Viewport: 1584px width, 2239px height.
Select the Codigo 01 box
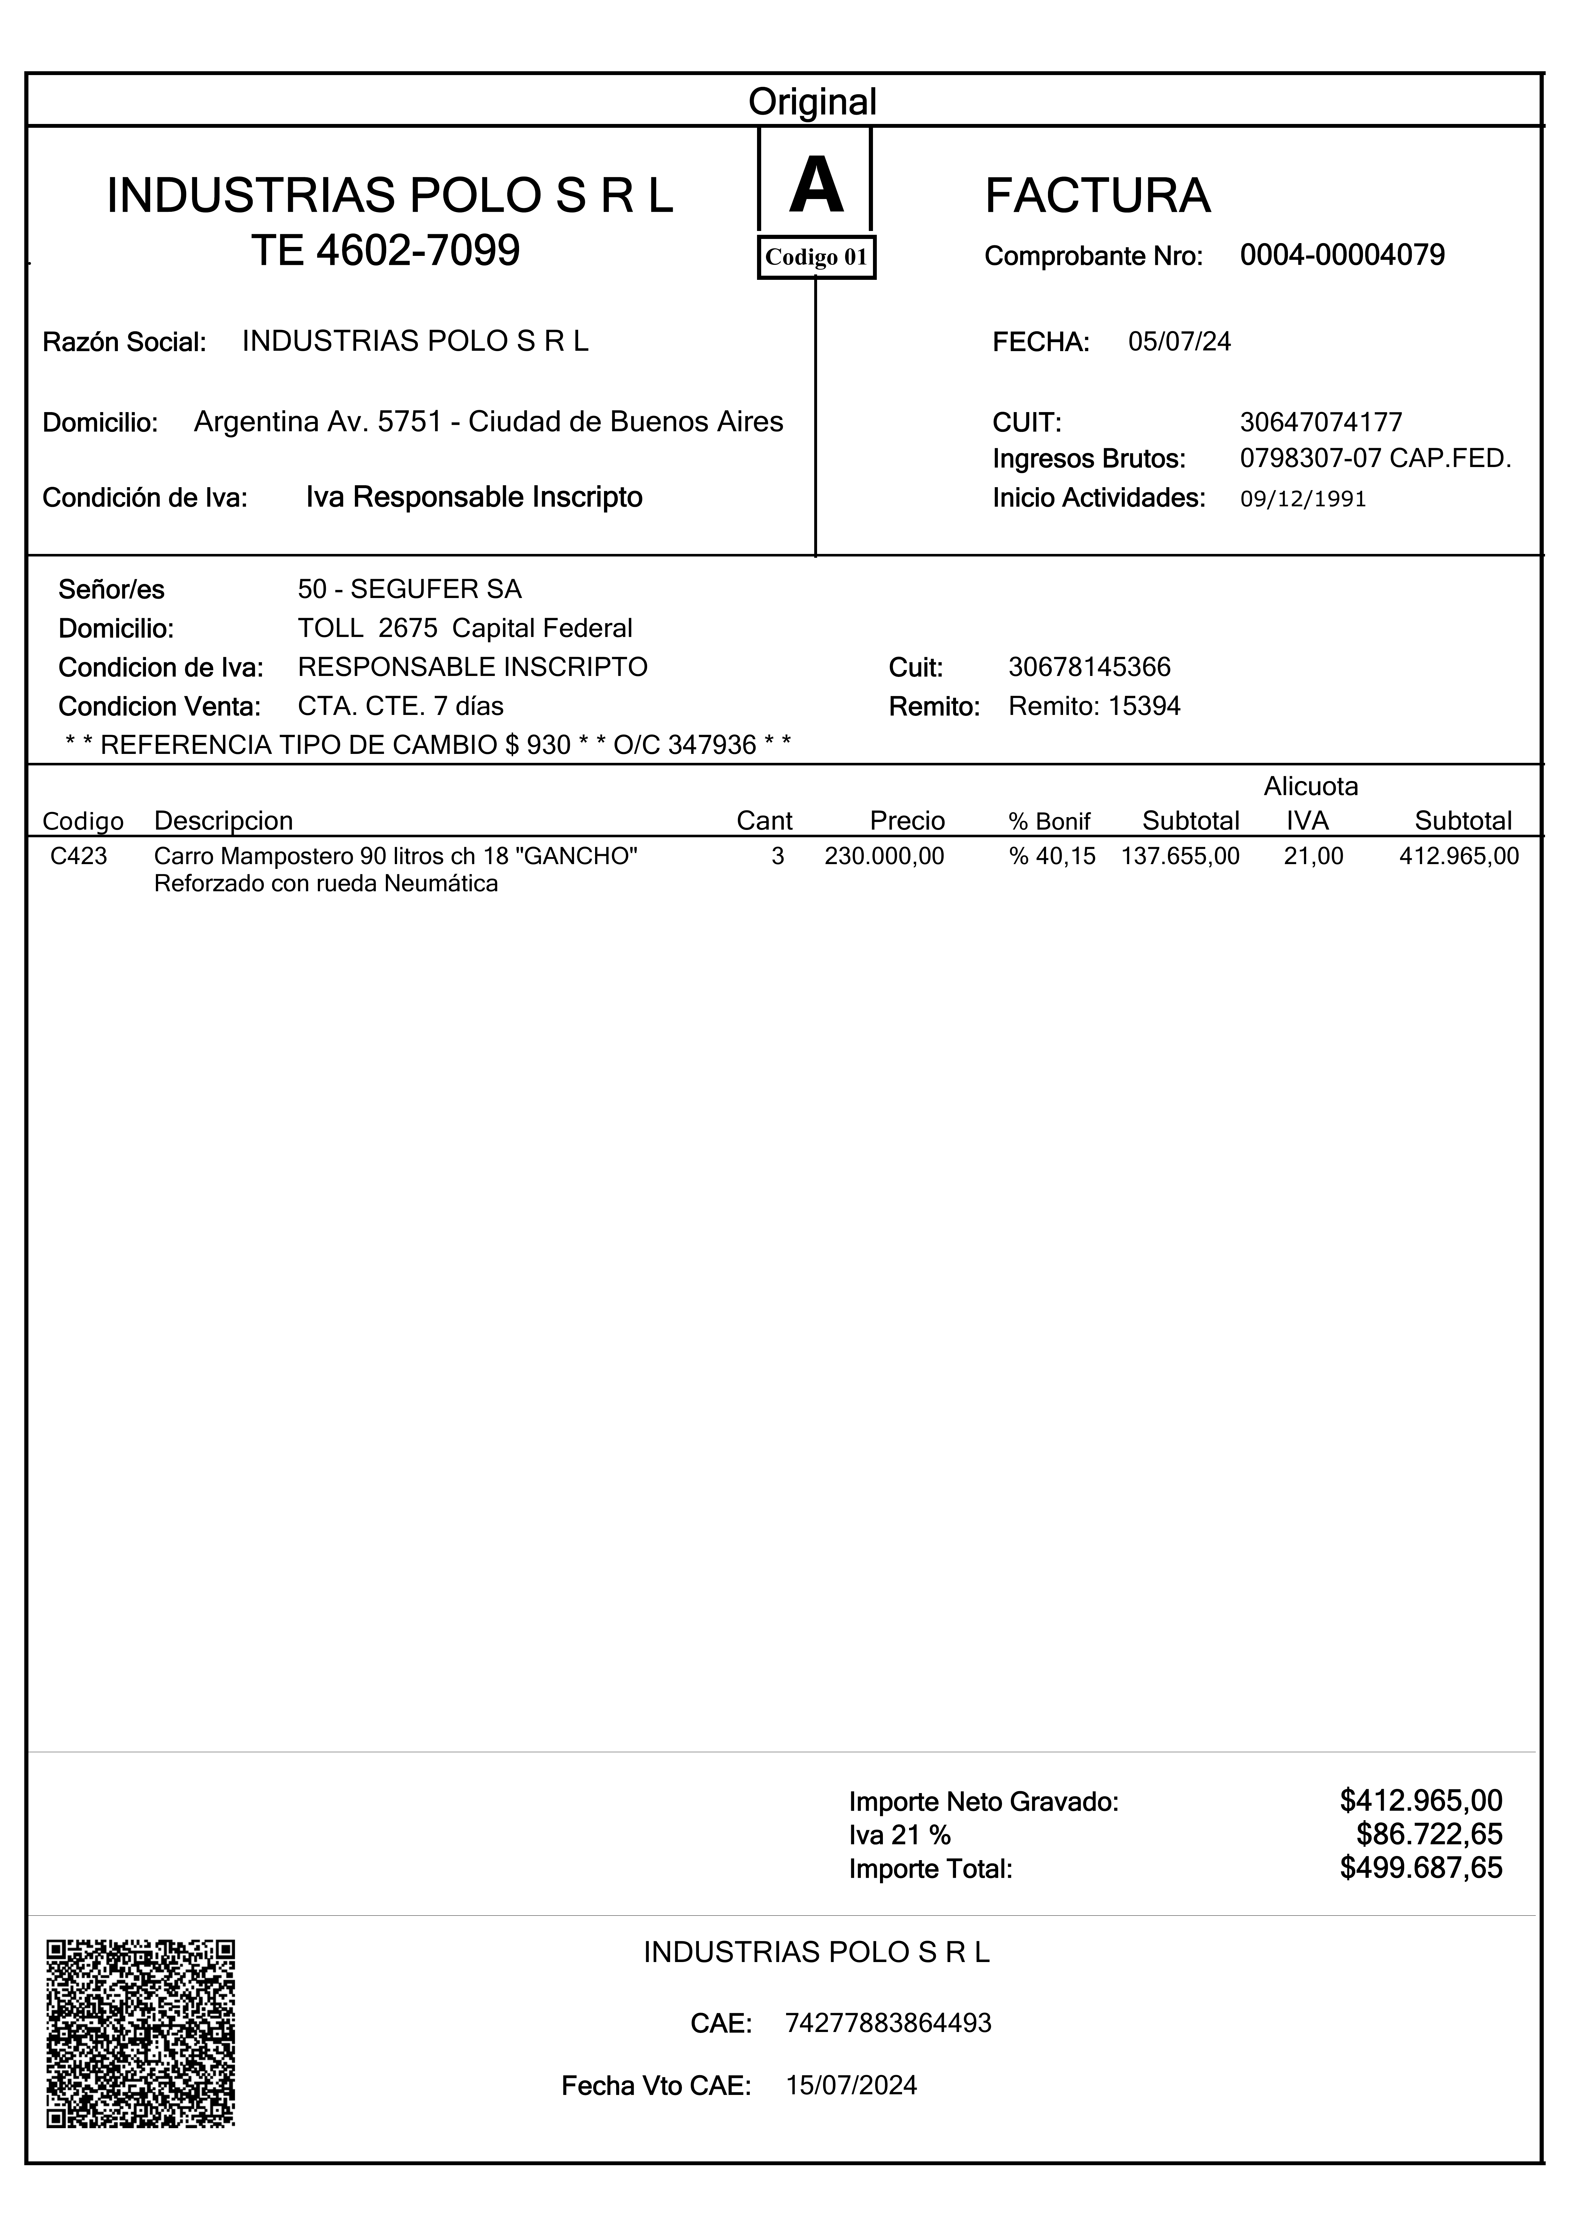816,257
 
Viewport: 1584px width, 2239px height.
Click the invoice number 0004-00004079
1342,256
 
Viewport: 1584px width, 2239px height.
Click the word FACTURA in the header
1097,196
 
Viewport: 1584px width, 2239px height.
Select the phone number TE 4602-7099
386,251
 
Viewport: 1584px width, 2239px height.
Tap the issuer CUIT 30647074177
1321,422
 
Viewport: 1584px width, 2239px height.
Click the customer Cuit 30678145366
1090,667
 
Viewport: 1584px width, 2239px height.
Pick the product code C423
79,856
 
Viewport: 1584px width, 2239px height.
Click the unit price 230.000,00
884,856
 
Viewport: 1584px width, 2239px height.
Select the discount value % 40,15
1052,856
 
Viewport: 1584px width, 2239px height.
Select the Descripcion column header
223,821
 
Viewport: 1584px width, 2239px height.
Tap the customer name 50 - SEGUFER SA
409,589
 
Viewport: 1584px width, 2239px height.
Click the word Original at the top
813,101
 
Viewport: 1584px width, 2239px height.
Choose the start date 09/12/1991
1303,499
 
